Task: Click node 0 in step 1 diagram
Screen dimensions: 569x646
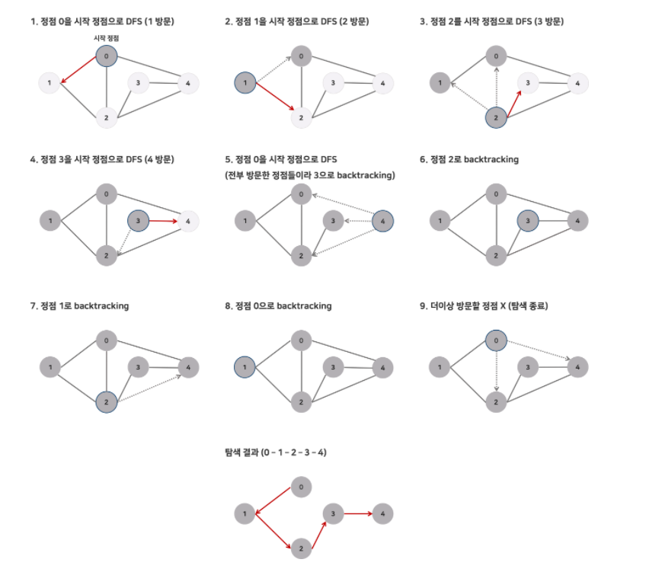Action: coord(107,56)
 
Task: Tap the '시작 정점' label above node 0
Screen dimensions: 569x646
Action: coord(107,37)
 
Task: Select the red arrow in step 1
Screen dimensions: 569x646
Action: coord(78,69)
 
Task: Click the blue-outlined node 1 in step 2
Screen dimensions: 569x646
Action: coord(245,82)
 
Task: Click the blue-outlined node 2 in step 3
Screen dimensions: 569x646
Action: coord(496,117)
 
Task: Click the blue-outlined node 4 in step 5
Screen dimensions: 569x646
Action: coord(382,221)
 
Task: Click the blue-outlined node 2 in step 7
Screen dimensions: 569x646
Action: coord(107,401)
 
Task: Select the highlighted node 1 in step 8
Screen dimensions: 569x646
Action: coord(245,367)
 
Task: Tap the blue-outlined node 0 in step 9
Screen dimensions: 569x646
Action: coord(496,340)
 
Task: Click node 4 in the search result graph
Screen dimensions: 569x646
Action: coord(382,514)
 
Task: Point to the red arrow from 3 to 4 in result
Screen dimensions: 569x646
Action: coord(357,514)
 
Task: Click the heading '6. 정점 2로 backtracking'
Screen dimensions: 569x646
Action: coord(469,159)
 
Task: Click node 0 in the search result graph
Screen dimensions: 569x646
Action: coord(302,485)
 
